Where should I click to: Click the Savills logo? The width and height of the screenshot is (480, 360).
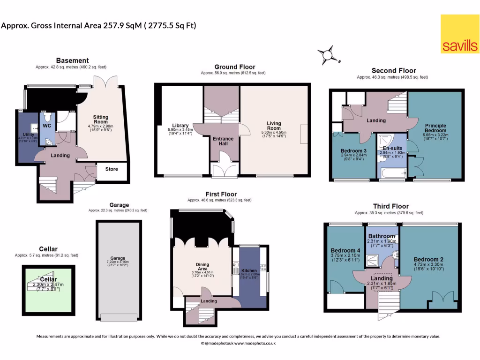click(459, 34)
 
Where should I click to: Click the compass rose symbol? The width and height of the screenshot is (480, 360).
click(329, 55)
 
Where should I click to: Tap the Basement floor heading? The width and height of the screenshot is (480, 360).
click(72, 60)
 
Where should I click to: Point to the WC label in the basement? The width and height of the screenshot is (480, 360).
click(47, 126)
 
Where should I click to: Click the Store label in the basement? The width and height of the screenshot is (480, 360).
click(112, 169)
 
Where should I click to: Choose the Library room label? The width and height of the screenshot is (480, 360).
click(180, 126)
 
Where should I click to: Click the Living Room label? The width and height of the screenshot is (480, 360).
click(274, 126)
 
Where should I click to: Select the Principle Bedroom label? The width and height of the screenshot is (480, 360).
click(435, 128)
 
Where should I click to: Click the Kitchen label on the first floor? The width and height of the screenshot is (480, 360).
click(249, 271)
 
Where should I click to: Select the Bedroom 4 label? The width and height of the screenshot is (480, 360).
click(344, 250)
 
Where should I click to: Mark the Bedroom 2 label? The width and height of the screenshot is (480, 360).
click(428, 259)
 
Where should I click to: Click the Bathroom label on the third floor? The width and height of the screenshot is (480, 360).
click(381, 236)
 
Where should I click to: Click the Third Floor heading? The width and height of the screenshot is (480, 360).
click(390, 206)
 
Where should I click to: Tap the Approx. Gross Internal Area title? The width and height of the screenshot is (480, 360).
click(98, 25)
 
